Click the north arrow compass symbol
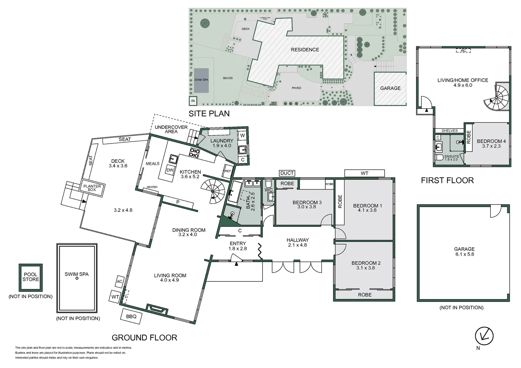(484, 336)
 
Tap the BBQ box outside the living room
(131, 316)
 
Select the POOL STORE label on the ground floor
(31, 277)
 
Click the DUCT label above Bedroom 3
(287, 173)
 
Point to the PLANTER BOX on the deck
(92, 188)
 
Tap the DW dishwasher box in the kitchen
(170, 170)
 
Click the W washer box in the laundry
(242, 135)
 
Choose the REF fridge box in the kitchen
(228, 171)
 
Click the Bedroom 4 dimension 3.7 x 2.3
(491, 146)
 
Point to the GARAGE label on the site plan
(390, 88)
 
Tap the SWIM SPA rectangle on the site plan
(201, 80)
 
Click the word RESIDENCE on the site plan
(305, 50)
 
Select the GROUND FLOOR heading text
(144, 338)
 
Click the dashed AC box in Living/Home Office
(463, 50)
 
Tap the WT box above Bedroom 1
(364, 173)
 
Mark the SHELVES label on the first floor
(449, 131)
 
